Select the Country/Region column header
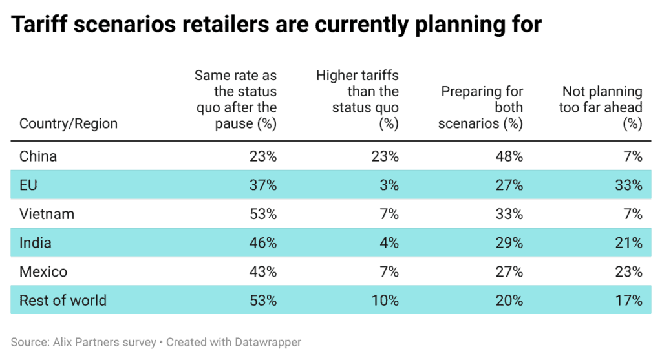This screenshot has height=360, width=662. pos(69,123)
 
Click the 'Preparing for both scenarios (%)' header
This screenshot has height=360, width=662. pos(480,107)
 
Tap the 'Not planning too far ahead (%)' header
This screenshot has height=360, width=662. pos(601,107)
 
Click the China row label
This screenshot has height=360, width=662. pos(38,156)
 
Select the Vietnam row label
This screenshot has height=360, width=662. pos(47,214)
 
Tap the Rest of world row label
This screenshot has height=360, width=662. pos(63,301)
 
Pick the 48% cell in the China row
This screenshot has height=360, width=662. pos(509,156)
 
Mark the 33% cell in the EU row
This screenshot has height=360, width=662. pos(628,185)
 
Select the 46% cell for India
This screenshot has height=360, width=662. pos(263,243)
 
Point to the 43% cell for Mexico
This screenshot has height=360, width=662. pos(263,271)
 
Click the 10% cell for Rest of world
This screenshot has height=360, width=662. pos(386,301)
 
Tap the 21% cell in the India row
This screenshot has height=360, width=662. pos(628,243)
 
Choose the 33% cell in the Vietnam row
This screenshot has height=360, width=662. pos(509,214)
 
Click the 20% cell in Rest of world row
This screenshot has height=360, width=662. pos(509,301)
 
